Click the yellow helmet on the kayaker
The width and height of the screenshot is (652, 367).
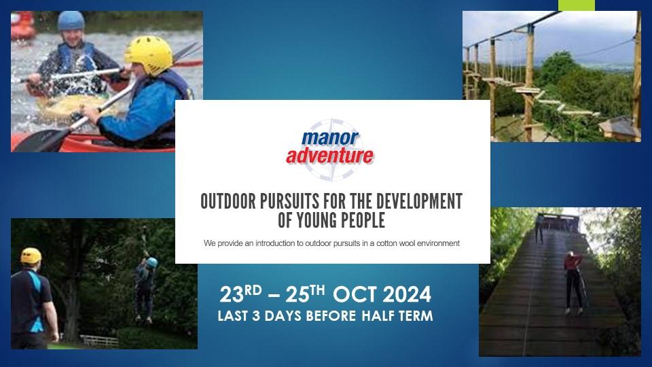149,55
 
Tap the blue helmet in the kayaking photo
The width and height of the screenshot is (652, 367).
71,21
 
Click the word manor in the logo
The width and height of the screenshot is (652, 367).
330,138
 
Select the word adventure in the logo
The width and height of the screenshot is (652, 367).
329,156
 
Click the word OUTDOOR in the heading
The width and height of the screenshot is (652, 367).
228,201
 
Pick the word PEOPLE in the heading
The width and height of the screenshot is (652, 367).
363,220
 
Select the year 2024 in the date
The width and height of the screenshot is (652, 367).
407,294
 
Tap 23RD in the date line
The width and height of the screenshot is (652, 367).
240,294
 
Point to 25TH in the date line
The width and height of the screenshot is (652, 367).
305,294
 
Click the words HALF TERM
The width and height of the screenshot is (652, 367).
397,316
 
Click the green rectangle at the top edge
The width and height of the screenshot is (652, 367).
577,5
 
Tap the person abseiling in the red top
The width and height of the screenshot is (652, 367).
573,282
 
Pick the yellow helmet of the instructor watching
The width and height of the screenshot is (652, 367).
31,256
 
